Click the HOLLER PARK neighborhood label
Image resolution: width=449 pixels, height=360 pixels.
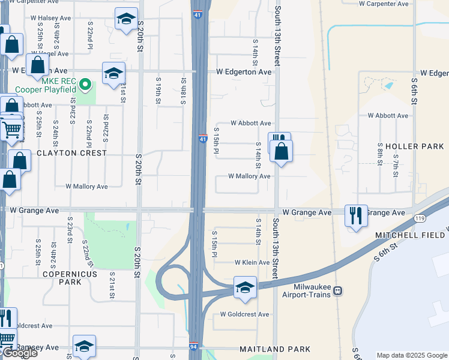coord(415,146)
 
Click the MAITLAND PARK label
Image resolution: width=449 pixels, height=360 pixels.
coord(275,349)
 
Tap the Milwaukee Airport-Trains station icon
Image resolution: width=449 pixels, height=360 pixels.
coord(337,291)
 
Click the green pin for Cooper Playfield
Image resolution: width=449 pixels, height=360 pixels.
coord(85,85)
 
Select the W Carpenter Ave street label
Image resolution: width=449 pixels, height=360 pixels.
coord(384,4)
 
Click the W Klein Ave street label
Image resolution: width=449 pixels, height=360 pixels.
coord(252,263)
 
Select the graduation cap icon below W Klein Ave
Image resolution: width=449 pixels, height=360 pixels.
coord(245,289)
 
